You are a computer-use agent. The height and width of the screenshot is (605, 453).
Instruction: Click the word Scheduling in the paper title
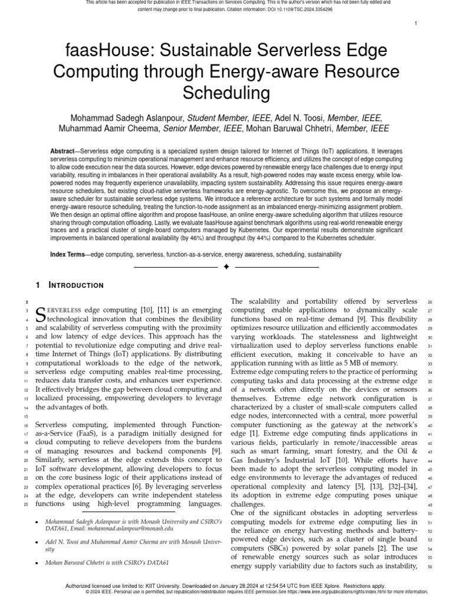coord(226,93)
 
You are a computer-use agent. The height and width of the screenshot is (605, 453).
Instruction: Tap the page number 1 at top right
coord(416,24)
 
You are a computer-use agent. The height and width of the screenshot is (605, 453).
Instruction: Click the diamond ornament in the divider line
coord(226,267)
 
